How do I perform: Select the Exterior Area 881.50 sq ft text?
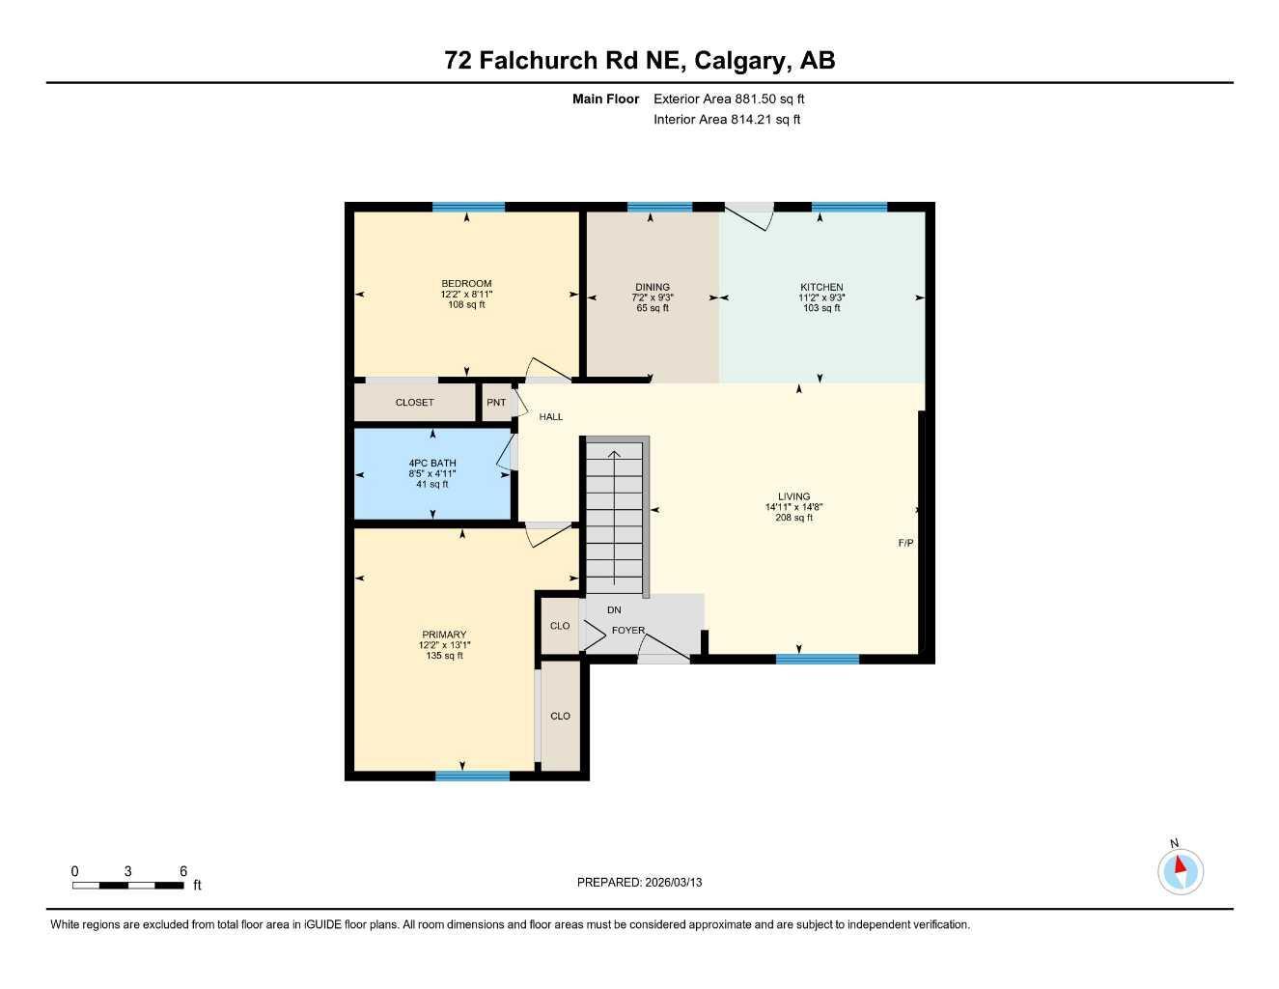[728, 99]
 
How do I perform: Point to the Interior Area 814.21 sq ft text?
[726, 120]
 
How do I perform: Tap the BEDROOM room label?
[466, 284]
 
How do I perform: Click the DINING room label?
[653, 287]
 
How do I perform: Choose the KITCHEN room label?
[821, 287]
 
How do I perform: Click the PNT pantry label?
[496, 403]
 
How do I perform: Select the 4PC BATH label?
[431, 464]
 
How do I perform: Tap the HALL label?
[551, 417]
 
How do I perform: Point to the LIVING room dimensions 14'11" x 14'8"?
[793, 507]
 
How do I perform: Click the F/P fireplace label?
[905, 544]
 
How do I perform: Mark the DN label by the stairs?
[614, 610]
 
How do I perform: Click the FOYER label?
[627, 631]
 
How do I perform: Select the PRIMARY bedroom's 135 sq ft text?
[444, 656]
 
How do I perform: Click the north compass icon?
[1180, 871]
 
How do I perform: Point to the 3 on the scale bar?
[127, 871]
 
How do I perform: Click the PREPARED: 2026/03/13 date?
[639, 882]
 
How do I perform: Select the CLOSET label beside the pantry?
[414, 403]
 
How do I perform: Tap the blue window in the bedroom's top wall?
[468, 207]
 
